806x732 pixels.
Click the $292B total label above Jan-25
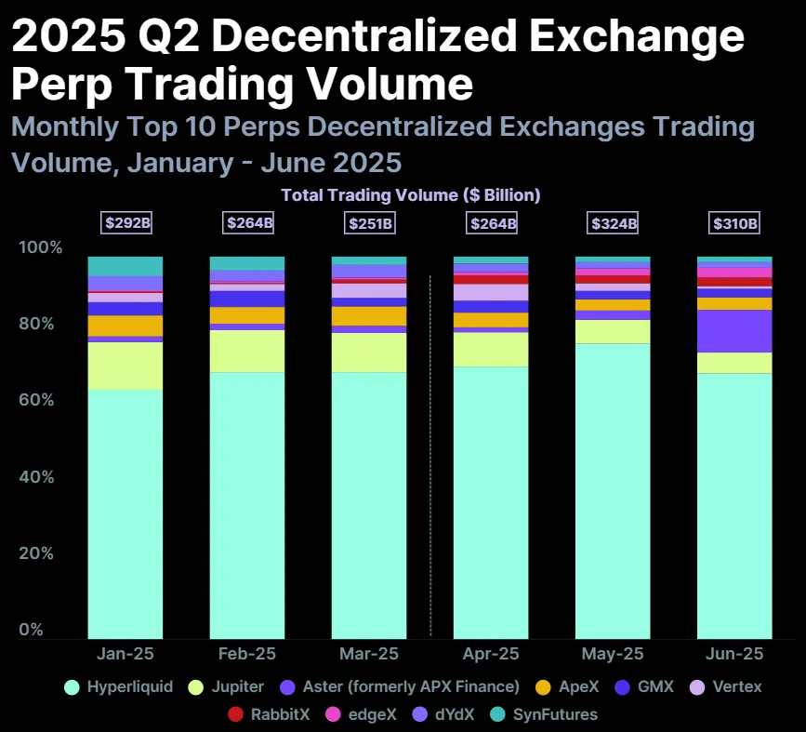coord(126,223)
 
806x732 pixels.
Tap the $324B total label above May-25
coord(613,223)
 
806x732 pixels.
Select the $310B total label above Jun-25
coord(734,223)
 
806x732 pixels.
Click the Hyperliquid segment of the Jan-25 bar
coord(126,512)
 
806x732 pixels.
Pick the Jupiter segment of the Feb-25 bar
coord(247,352)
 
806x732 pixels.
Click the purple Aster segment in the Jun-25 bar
coord(734,331)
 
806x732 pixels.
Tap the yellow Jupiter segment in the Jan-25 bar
coord(126,366)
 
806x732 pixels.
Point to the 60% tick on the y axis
coord(40,401)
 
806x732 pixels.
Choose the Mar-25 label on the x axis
coord(368,654)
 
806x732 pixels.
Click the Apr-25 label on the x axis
coord(491,654)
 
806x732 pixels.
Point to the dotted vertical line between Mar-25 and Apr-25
coord(429,456)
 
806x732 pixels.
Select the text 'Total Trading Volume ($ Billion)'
coord(410,195)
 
